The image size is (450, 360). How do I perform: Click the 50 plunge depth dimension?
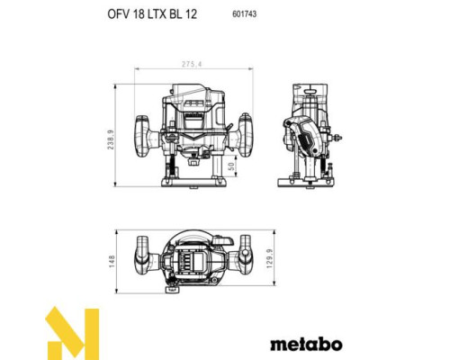point(230,166)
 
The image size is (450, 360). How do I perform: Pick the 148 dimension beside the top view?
point(112,261)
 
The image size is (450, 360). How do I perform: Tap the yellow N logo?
point(72,333)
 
